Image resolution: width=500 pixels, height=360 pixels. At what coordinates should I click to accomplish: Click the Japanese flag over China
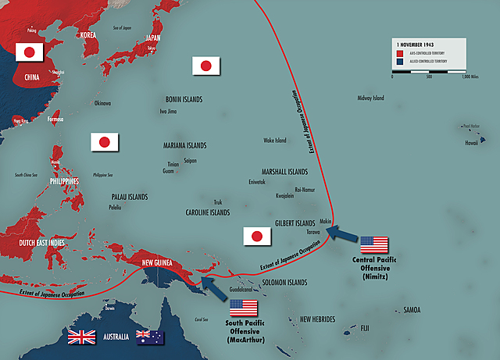29,52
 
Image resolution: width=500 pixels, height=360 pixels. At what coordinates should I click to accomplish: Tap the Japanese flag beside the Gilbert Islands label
255,236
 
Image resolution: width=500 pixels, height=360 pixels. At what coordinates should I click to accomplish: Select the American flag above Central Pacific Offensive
373,245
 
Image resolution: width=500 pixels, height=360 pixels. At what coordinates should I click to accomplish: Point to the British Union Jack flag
82,337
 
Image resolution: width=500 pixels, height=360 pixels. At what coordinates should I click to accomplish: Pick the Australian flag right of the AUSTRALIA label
149,337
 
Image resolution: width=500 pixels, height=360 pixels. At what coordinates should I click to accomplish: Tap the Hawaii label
472,142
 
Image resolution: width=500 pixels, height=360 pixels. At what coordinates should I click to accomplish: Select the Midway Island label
370,98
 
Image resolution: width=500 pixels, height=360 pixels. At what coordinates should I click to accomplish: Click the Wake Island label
274,141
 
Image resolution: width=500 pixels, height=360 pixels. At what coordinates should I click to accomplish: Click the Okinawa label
102,103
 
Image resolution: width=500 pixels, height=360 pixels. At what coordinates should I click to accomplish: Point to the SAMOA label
412,310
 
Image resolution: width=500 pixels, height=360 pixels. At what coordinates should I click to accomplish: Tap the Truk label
218,201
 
